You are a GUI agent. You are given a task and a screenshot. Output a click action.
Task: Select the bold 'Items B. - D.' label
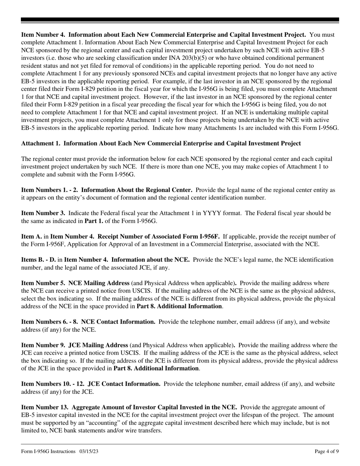[x=38, y=260]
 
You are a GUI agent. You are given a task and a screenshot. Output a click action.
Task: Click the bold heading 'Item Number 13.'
[x=45, y=407]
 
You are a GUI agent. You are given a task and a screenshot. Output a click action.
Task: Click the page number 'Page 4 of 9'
[x=327, y=451]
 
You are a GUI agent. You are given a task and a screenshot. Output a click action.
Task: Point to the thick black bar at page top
[x=180, y=20]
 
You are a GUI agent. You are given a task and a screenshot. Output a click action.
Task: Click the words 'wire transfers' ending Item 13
[x=144, y=431]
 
